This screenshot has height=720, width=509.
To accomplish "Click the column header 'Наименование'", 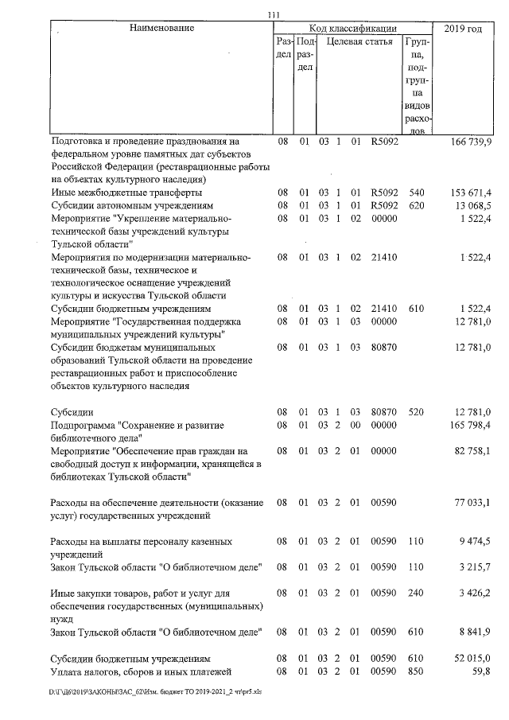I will point(161,29).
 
